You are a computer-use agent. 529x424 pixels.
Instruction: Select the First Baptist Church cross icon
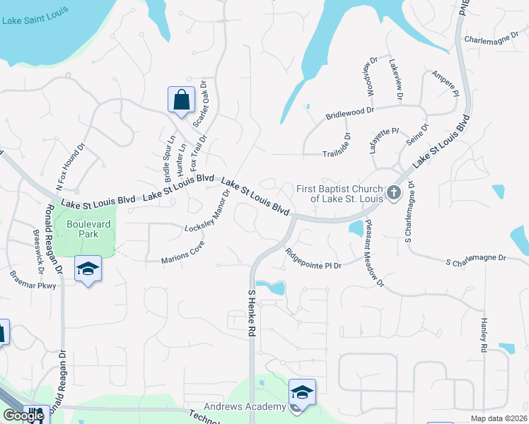(x=394, y=192)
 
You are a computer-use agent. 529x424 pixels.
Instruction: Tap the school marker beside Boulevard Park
(x=88, y=269)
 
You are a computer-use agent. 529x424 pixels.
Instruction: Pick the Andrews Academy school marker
(x=301, y=391)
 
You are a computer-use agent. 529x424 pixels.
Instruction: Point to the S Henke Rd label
(x=251, y=315)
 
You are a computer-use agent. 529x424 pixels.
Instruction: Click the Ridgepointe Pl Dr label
(x=313, y=259)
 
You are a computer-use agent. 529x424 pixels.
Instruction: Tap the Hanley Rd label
(x=484, y=335)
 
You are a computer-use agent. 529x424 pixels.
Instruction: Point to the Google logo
(x=23, y=416)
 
